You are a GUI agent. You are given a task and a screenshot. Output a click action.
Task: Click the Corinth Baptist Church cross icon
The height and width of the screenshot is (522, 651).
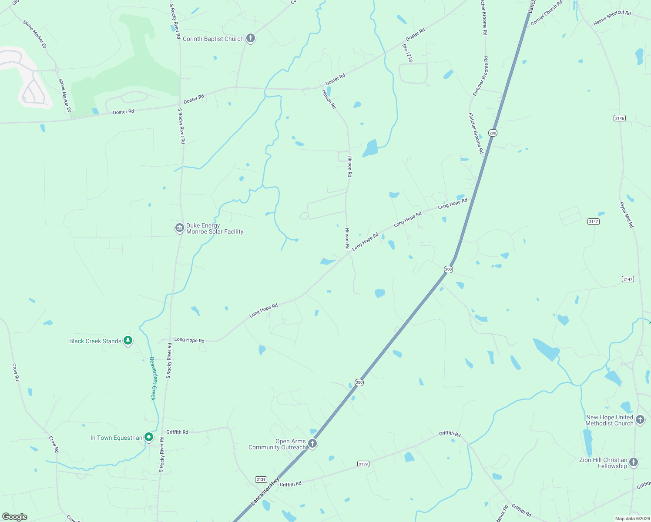pos(250,38)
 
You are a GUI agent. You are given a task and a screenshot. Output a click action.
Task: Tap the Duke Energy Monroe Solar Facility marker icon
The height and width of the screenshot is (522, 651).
pos(179,228)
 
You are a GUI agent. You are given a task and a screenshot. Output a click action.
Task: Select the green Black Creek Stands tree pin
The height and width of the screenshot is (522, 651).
pos(128,341)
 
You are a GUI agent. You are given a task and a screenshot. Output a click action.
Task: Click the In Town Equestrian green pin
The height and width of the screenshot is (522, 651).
pos(149,437)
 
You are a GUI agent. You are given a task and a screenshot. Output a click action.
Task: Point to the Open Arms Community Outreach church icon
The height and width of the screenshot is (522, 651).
pos(312,443)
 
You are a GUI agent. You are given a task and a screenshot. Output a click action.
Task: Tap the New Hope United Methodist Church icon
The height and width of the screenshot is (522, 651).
pos(640,419)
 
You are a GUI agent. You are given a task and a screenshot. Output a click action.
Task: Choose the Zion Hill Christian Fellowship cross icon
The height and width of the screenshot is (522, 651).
pos(634,462)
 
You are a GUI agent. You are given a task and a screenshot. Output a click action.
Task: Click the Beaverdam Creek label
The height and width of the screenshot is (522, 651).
pos(153,378)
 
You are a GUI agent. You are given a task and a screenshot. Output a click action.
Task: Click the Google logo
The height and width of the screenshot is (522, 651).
pos(15,517)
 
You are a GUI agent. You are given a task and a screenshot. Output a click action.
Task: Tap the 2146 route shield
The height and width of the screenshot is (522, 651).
pos(619,118)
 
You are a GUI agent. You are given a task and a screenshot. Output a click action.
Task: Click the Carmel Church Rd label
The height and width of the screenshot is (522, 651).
pos(547,13)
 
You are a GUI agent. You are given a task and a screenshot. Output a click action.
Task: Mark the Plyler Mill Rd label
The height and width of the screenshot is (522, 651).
pos(627,214)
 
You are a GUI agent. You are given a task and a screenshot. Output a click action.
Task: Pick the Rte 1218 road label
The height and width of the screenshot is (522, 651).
pos(407,53)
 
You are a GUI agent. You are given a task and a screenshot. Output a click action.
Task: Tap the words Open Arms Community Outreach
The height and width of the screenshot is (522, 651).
pos(277,444)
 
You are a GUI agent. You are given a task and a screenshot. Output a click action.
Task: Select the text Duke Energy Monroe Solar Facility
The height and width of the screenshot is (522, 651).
pos(215,228)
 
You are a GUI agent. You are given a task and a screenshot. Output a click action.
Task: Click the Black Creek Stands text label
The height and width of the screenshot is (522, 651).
pos(95,341)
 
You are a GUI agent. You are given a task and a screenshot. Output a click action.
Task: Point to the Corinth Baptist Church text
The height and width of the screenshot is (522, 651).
pos(213,39)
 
